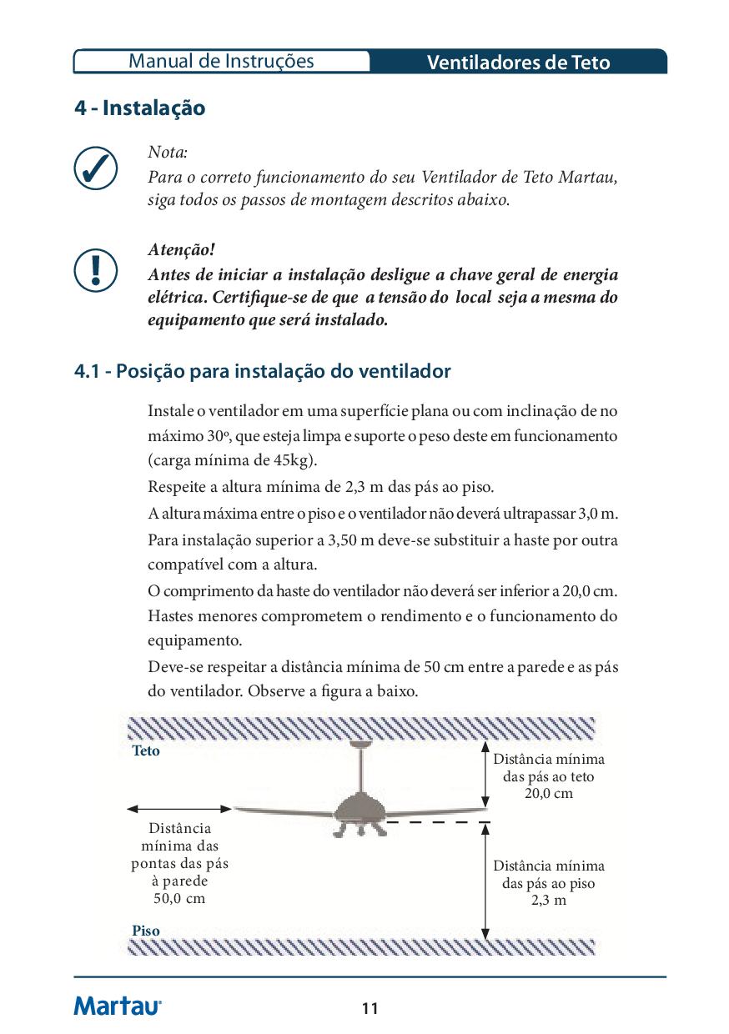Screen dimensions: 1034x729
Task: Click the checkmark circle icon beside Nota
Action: [x=95, y=169]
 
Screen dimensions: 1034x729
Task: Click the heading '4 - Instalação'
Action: [x=139, y=108]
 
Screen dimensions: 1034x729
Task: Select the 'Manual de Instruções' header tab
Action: [x=222, y=61]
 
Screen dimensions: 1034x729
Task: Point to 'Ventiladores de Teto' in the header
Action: [x=518, y=63]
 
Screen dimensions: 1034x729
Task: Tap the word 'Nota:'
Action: [x=168, y=153]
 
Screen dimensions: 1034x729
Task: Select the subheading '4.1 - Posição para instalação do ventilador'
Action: [x=262, y=371]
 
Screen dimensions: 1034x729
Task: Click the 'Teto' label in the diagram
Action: [x=146, y=750]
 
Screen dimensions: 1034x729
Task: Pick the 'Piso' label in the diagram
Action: [x=146, y=931]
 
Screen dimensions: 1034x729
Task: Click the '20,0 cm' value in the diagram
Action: [x=548, y=793]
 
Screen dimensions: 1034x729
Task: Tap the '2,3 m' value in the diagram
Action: [x=548, y=901]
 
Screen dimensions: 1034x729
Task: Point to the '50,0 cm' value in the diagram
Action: [x=179, y=898]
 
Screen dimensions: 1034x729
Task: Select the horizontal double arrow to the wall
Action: [x=179, y=808]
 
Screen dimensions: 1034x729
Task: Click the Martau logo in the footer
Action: [x=118, y=1006]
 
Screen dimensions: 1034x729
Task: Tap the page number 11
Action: [x=370, y=1009]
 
